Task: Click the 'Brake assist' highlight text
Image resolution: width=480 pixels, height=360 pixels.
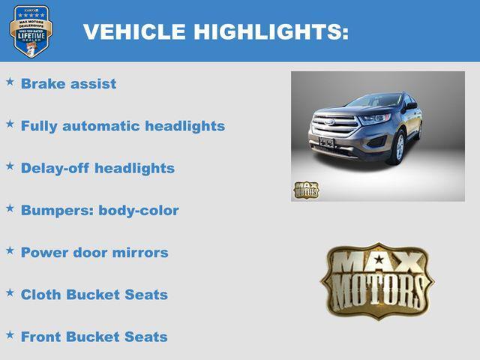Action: coord(68,84)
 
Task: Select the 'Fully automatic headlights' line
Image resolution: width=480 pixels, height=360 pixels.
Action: coord(122,126)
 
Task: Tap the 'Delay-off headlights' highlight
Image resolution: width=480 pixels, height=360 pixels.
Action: coord(97,168)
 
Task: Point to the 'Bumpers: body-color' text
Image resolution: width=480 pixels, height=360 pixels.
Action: coord(100,211)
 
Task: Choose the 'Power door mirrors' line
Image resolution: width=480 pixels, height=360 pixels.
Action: coord(94,253)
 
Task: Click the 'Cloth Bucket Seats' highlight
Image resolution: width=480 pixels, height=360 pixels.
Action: coord(94,295)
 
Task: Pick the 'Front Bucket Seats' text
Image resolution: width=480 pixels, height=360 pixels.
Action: coord(94,337)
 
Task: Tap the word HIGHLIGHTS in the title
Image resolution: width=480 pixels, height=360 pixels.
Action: coord(270,32)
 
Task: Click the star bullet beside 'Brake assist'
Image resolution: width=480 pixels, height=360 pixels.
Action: coord(10,80)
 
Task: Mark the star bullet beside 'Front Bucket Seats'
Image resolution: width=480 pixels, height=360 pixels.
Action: coord(10,333)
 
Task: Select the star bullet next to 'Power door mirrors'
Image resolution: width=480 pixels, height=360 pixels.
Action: coord(10,249)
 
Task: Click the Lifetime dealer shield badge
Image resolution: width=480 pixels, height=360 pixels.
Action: coord(31,31)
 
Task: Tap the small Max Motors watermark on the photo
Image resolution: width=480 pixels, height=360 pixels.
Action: coord(305,190)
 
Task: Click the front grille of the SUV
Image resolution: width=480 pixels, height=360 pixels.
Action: coord(335,124)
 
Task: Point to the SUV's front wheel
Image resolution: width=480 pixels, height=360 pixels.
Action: coord(399,148)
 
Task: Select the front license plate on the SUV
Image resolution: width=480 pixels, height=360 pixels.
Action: coord(326,142)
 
